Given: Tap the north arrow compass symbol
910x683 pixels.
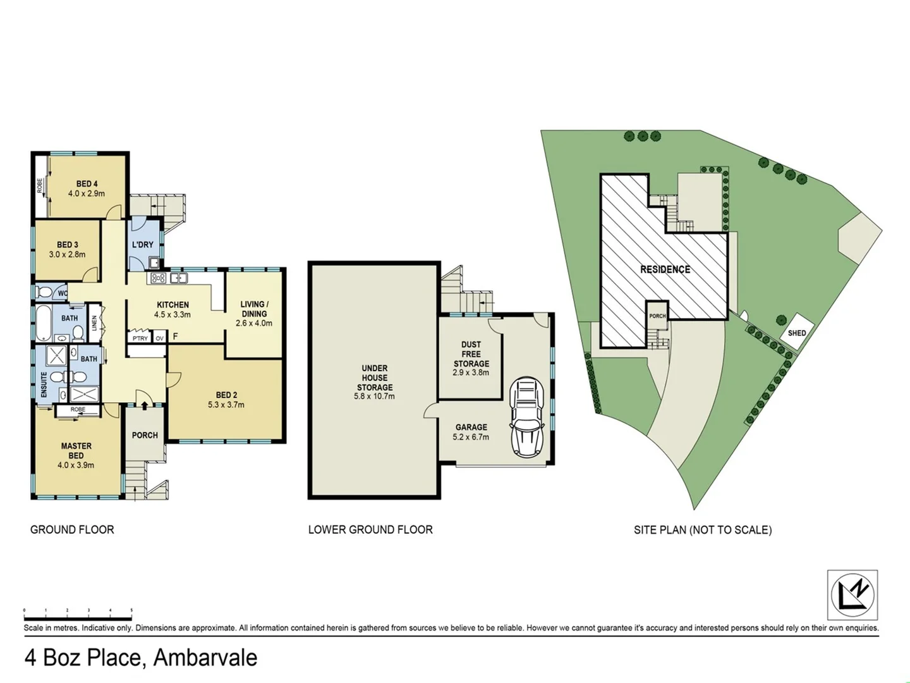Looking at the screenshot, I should (852, 594).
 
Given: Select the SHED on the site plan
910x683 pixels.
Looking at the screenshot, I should (796, 333).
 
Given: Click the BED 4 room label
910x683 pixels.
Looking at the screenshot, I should (87, 184).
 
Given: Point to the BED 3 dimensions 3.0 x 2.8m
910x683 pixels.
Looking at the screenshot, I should (67, 254).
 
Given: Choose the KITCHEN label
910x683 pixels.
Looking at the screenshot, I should (173, 305).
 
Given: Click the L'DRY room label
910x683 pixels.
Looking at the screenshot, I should (143, 245).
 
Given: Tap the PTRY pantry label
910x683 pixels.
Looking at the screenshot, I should (140, 338).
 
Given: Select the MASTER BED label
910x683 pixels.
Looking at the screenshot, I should (76, 450).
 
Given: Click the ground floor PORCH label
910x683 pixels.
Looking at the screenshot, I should (145, 435).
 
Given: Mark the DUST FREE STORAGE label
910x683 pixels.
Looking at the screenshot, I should (471, 354).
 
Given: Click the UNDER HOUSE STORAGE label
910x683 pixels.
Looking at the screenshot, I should (375, 378).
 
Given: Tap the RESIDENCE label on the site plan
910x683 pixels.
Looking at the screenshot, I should (665, 269).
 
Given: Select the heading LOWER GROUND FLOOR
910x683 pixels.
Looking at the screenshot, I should (370, 530).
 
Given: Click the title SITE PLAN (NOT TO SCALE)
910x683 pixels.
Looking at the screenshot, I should (703, 530).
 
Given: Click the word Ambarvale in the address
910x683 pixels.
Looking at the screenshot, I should (205, 658).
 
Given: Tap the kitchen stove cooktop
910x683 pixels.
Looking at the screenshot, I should (159, 278).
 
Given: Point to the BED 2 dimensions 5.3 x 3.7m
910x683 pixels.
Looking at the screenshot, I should (226, 405).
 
